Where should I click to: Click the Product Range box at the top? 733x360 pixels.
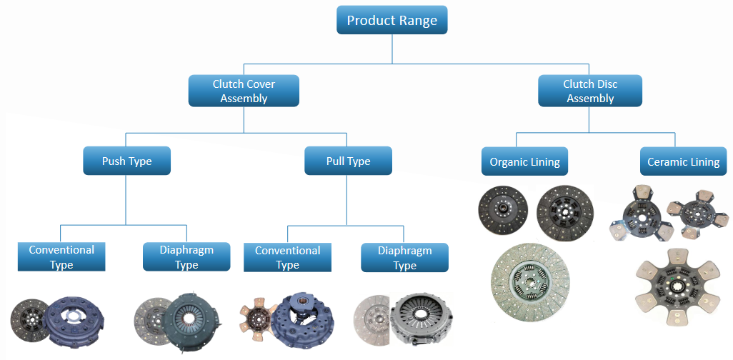tap(392, 20)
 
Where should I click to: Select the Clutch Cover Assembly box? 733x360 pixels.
tap(243, 91)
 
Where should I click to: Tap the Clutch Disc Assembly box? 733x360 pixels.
tap(589, 91)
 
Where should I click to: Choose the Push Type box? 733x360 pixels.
tap(126, 161)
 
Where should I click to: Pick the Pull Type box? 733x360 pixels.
tap(348, 161)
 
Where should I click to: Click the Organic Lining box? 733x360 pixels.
tap(524, 162)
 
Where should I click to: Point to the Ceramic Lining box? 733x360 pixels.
tap(683, 162)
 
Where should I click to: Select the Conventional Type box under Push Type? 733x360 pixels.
tap(61, 257)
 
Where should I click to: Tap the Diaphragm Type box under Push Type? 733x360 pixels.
tap(186, 257)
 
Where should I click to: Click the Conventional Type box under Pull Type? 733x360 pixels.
tap(287, 258)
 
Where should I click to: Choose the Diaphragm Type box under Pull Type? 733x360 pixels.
tap(404, 258)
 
